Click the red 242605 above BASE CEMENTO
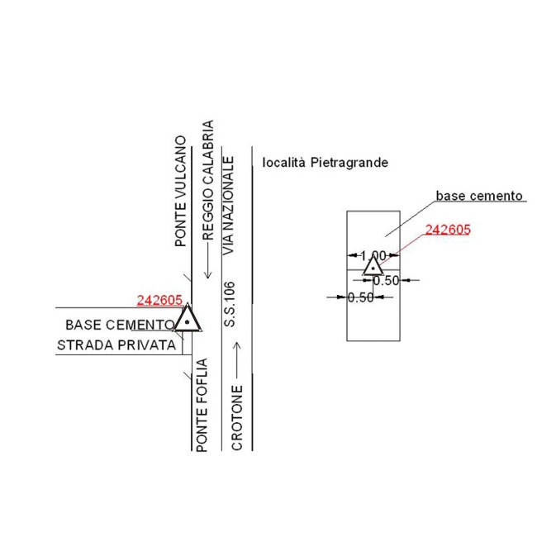pos(159,300)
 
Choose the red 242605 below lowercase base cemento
pos(448,230)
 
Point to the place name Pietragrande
pos(349,163)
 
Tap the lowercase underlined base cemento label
pos(480,197)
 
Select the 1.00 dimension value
pos(373,255)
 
